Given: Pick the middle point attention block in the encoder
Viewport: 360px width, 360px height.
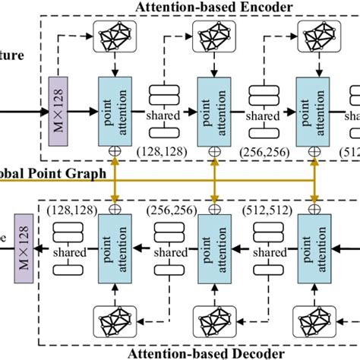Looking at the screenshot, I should click(214, 108).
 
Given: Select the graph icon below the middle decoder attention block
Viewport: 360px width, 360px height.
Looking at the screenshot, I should click(214, 319).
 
